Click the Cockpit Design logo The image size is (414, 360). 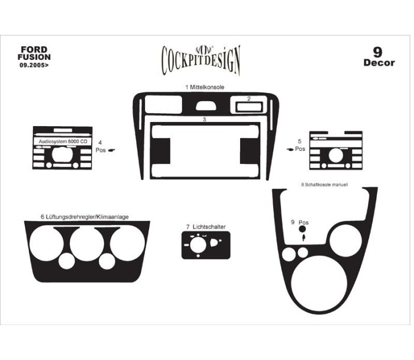(x=200, y=60)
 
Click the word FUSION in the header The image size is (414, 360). (x=34, y=57)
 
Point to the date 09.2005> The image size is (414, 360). (x=34, y=65)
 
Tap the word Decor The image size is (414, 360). (x=379, y=63)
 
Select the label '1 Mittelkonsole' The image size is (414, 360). (x=205, y=87)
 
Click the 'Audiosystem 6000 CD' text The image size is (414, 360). (x=63, y=142)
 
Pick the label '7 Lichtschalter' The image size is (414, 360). (x=206, y=227)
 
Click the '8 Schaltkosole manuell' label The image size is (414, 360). (x=324, y=185)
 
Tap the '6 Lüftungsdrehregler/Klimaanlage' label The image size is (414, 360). (x=85, y=217)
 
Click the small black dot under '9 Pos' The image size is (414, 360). (x=302, y=229)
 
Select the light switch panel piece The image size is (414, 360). (x=206, y=245)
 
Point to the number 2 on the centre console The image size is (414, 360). (x=249, y=99)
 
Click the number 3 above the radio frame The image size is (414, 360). (x=205, y=120)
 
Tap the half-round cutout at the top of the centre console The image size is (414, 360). (x=206, y=106)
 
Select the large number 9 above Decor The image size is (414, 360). (x=377, y=52)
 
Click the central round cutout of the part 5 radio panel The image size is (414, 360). (x=336, y=155)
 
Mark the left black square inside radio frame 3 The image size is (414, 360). (x=160, y=151)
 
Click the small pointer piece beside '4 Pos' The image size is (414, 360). (x=112, y=150)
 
